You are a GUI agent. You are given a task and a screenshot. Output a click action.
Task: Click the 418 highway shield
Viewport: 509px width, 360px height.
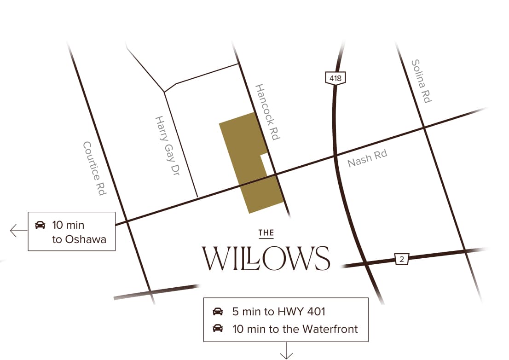335,78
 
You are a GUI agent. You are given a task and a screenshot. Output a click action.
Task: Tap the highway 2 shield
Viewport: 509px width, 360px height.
402,259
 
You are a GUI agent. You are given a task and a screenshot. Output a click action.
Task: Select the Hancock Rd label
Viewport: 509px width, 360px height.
267,112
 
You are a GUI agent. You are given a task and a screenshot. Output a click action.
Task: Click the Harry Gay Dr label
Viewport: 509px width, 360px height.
166,146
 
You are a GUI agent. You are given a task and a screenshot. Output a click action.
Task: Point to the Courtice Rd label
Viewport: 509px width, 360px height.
94,168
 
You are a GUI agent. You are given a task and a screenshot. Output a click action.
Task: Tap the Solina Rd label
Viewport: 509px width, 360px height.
421,81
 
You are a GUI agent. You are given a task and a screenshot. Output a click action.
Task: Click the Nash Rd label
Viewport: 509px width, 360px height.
367,158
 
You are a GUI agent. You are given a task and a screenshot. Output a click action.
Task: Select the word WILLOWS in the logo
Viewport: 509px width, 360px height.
266,258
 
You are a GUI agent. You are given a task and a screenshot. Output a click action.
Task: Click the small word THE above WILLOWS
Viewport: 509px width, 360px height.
266,233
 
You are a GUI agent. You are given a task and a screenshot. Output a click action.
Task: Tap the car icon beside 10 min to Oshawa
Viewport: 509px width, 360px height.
40,225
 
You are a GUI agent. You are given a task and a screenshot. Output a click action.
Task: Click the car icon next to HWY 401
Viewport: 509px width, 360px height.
218,312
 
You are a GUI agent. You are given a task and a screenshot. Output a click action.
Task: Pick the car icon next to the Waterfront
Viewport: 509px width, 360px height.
218,329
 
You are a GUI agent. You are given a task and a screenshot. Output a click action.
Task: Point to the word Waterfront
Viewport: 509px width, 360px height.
330,329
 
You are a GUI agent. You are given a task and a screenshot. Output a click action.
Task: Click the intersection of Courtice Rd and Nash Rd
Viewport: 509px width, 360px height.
127,221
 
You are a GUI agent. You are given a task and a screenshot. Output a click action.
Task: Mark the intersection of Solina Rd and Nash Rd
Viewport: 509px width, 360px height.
424,128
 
